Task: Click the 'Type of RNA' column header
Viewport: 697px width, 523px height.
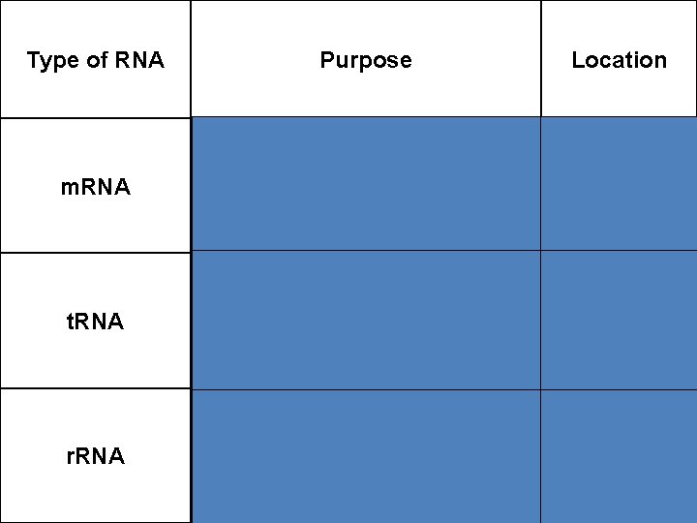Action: [95, 60]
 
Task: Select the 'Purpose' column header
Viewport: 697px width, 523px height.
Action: [365, 60]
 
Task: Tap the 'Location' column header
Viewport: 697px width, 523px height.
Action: [619, 60]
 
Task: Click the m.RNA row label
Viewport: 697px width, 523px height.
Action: [95, 187]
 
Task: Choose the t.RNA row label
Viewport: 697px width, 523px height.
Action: [95, 322]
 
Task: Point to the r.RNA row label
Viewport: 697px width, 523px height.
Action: [95, 456]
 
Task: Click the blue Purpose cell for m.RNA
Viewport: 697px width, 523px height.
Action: [365, 184]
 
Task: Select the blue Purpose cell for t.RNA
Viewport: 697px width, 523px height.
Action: [365, 321]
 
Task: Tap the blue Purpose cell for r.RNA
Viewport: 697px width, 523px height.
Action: [365, 456]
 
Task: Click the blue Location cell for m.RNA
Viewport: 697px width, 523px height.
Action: [619, 184]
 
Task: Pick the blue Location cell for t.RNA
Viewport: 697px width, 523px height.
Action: [619, 321]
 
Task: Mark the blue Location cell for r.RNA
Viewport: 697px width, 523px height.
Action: [619, 456]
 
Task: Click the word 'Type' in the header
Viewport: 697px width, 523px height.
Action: [51, 61]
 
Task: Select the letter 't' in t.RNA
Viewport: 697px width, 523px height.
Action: [69, 322]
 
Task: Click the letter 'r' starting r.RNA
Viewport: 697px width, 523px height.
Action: [69, 457]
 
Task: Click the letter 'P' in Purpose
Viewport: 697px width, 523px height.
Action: [327, 60]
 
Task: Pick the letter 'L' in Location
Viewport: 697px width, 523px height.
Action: [578, 60]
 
